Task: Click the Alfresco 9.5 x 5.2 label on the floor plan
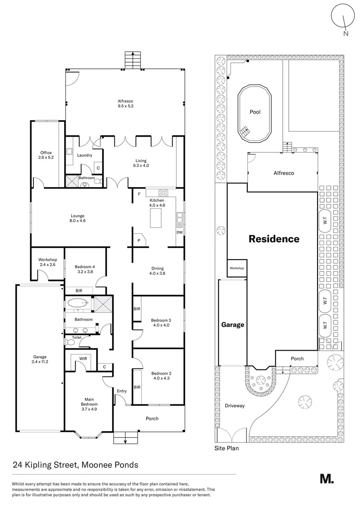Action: [125, 104]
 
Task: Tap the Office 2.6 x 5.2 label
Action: [46, 155]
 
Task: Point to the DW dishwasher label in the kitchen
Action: [179, 232]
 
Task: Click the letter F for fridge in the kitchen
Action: [139, 194]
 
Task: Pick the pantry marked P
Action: [139, 240]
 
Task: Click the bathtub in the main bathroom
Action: [77, 303]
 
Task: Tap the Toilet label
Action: [77, 337]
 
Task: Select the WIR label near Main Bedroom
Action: [83, 359]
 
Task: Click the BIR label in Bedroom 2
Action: [138, 387]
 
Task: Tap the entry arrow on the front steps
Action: [126, 441]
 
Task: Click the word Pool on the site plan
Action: [255, 112]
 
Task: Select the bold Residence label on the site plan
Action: [274, 239]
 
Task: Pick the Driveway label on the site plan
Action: [234, 406]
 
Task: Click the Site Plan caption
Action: [227, 448]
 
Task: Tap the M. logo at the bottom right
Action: [327, 478]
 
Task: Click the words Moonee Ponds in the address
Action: [109, 465]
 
